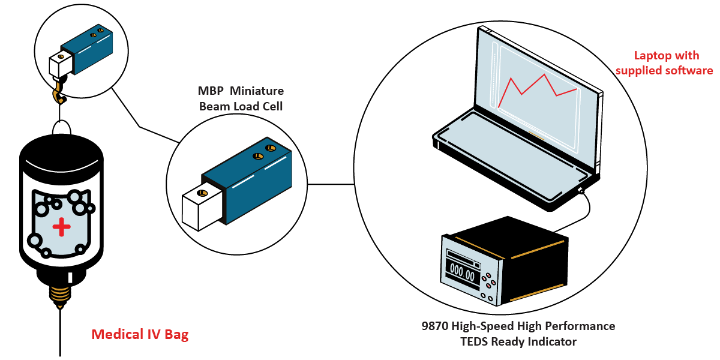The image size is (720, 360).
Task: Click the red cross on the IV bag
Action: (60, 227)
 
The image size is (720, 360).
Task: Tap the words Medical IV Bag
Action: (140, 335)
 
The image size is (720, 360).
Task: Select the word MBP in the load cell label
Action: (210, 92)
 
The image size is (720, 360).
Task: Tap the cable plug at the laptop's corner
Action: (581, 191)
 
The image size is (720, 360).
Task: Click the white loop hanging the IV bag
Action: (61, 128)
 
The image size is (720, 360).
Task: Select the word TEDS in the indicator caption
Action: (475, 342)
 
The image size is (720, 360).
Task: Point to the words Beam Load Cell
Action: (241, 107)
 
